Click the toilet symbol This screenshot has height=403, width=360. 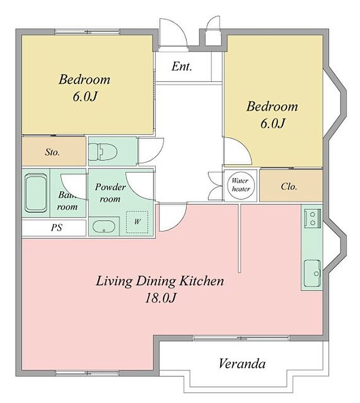[x=103, y=151]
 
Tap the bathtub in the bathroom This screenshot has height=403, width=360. [x=36, y=193]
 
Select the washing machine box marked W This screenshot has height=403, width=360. [x=137, y=222]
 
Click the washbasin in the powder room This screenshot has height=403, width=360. [x=104, y=226]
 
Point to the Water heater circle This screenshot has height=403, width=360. [x=241, y=186]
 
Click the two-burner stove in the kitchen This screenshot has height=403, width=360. [x=313, y=218]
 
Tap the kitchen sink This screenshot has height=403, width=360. [x=313, y=273]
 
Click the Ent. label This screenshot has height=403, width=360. [x=182, y=66]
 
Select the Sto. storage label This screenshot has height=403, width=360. [x=52, y=152]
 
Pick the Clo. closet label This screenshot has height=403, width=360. [x=289, y=186]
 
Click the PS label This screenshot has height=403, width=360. [x=57, y=227]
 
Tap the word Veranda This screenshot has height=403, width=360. [x=242, y=363]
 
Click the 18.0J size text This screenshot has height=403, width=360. [x=160, y=298]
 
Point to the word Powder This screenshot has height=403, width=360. [x=110, y=187]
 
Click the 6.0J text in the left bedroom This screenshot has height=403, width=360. [x=85, y=97]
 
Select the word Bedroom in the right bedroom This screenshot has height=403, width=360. [x=272, y=106]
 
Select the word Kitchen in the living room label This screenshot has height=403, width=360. [x=202, y=281]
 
